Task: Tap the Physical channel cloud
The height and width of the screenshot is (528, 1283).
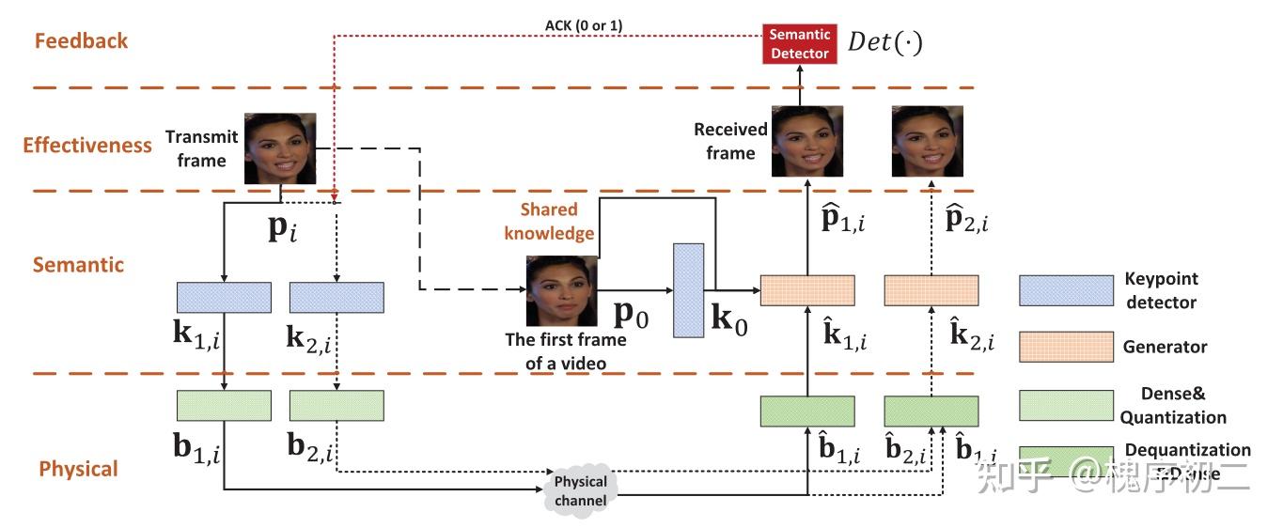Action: [x=580, y=489]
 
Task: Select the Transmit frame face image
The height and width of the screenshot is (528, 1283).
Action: [x=280, y=148]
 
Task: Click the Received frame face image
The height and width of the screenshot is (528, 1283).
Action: [x=806, y=141]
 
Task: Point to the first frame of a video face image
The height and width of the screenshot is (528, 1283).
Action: [x=561, y=291]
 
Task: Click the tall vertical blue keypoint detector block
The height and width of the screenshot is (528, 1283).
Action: [x=688, y=289]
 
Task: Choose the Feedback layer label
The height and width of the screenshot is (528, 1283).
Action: [x=81, y=40]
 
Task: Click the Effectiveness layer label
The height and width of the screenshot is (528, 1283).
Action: [x=86, y=145]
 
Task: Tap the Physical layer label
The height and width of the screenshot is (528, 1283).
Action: [x=78, y=469]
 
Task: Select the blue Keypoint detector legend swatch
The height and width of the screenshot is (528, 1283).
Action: [x=1066, y=290]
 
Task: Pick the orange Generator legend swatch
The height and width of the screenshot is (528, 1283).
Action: [x=1066, y=347]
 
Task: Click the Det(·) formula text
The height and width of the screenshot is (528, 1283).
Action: [x=884, y=42]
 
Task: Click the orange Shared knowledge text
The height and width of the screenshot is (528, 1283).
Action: [x=549, y=221]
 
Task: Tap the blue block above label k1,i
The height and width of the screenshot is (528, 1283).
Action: [x=224, y=297]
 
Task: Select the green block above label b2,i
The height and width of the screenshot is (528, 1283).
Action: [x=336, y=405]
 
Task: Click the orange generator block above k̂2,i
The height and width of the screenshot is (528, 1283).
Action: [x=931, y=290]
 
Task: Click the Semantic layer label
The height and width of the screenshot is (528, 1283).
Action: [x=78, y=265]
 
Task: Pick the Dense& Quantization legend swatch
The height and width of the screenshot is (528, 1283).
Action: [x=1066, y=405]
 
